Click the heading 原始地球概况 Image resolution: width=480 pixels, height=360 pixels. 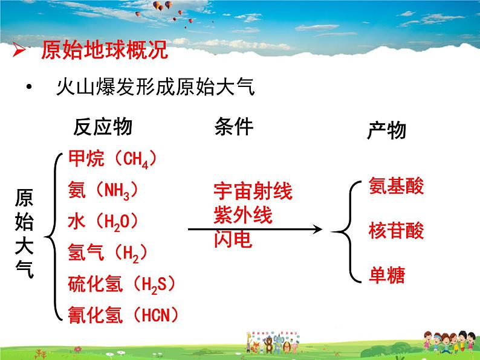(103, 51)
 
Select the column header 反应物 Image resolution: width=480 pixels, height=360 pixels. (102, 127)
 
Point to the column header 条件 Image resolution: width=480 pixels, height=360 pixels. (233, 127)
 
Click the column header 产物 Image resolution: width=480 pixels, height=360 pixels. (387, 130)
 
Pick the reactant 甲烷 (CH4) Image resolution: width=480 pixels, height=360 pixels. (113, 159)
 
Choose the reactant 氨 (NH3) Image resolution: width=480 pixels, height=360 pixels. (104, 190)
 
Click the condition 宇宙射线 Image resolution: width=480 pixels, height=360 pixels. (253, 191)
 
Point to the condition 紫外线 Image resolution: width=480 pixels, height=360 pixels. (243, 215)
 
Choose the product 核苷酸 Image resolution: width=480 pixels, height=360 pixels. (396, 230)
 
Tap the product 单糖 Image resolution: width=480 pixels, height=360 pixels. (386, 275)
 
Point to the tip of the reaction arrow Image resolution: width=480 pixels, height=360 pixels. (320, 229)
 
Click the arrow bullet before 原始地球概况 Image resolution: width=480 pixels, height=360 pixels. (19, 51)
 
